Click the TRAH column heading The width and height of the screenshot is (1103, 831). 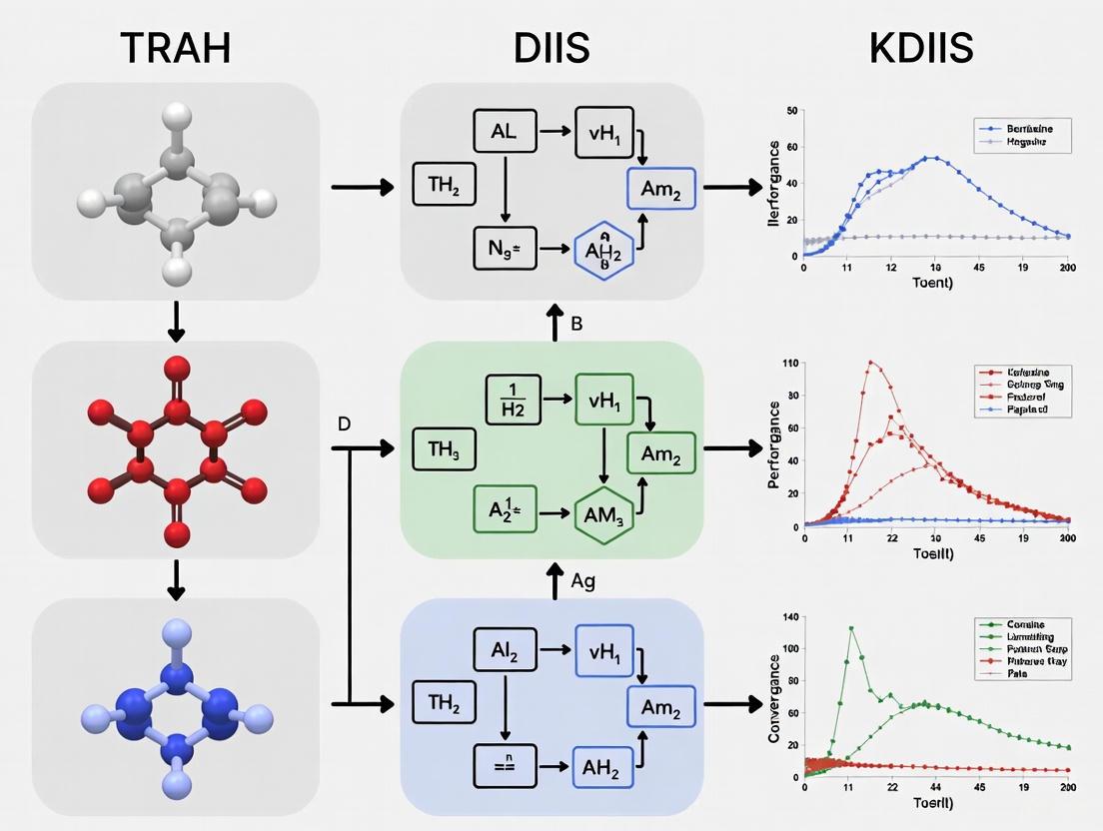pyautogui.click(x=176, y=47)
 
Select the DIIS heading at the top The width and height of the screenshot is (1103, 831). pyautogui.click(x=551, y=47)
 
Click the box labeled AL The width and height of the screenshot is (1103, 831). pyautogui.click(x=504, y=131)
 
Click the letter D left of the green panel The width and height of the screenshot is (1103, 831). pyautogui.click(x=344, y=423)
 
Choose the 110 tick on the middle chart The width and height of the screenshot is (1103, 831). pyautogui.click(x=791, y=363)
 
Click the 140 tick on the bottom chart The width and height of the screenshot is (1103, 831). pyautogui.click(x=791, y=618)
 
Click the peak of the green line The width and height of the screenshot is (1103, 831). pyautogui.click(x=851, y=628)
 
